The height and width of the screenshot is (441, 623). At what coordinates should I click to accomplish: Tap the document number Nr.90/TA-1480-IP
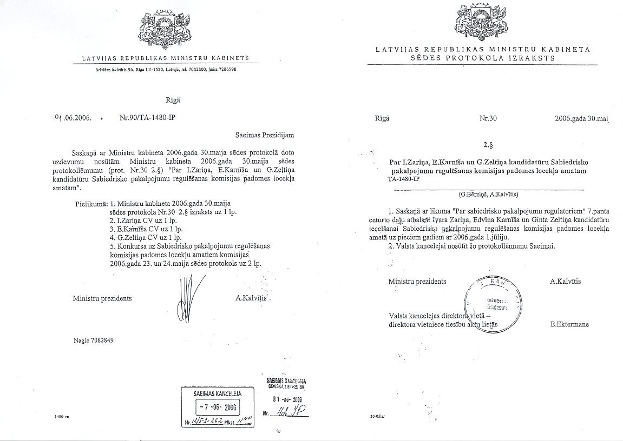click(x=148, y=117)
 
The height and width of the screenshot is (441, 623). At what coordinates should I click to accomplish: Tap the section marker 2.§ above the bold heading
click(x=488, y=145)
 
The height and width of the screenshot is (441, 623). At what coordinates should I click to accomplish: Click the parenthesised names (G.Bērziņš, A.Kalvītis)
click(x=487, y=193)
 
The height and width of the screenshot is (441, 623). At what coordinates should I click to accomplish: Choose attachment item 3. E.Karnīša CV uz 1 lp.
click(x=146, y=229)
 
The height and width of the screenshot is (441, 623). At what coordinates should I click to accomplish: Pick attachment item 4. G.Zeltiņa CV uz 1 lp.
click(x=146, y=237)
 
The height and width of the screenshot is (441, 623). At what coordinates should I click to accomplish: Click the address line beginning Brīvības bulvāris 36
click(x=163, y=69)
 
